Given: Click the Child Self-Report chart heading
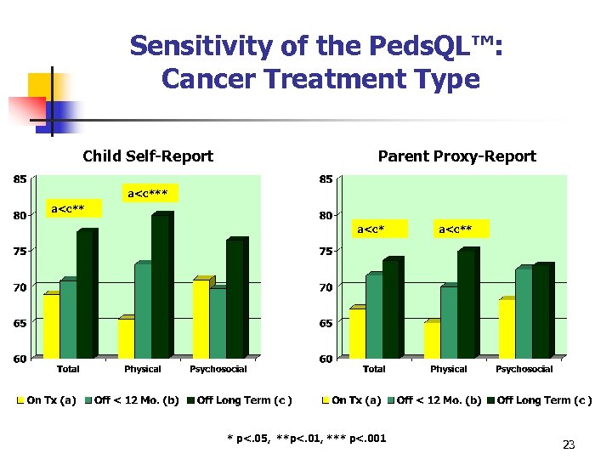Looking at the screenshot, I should (x=148, y=156).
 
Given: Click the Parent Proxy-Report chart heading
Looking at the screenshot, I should (x=456, y=156).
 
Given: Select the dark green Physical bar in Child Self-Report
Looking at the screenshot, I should (x=160, y=286).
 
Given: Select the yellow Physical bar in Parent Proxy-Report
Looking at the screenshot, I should (x=431, y=339).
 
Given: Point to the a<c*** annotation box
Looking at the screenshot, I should (x=147, y=194).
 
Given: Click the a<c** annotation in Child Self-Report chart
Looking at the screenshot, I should (x=71, y=208).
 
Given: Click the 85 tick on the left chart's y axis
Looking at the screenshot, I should (x=19, y=179).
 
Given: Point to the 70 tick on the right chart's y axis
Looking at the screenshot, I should (x=326, y=287).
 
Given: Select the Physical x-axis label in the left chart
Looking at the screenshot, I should (x=143, y=369).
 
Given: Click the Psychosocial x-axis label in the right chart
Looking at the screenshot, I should (x=524, y=369).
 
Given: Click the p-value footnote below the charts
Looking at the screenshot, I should (x=306, y=439).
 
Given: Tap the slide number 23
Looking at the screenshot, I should (x=569, y=445).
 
